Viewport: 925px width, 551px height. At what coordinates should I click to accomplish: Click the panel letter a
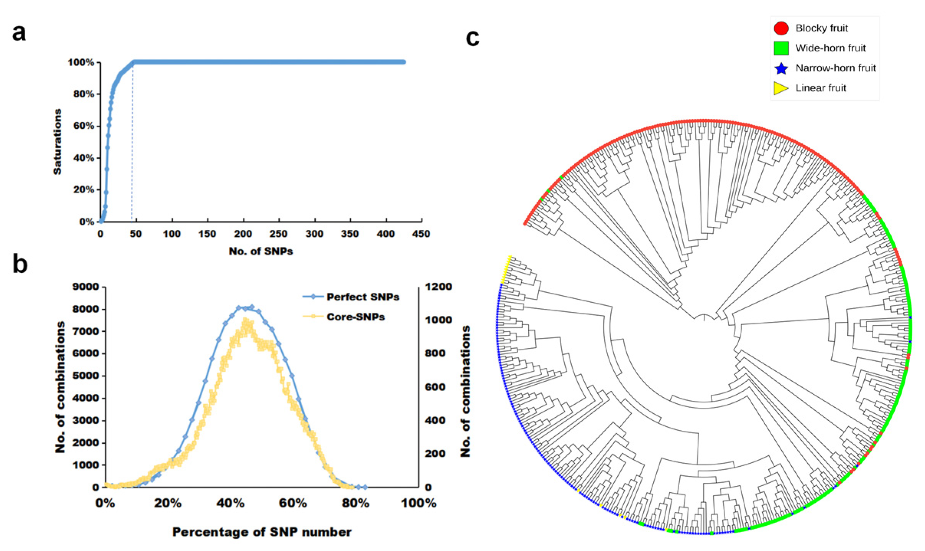point(19,33)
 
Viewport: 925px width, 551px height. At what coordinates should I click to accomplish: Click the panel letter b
point(20,264)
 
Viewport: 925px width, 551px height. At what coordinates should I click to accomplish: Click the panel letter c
point(472,38)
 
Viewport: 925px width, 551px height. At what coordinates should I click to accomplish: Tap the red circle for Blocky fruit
point(781,28)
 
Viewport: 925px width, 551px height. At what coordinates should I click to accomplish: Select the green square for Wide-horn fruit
point(781,48)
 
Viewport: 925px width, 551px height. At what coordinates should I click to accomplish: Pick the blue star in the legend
point(781,69)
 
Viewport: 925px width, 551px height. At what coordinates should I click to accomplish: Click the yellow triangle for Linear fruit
point(780,89)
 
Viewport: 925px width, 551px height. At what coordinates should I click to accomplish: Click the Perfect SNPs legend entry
point(362,297)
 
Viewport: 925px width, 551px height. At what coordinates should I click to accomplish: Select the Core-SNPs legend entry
point(355,317)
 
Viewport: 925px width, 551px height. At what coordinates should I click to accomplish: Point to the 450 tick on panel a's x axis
point(421,234)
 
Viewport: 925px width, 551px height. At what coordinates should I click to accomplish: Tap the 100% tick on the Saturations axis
point(81,62)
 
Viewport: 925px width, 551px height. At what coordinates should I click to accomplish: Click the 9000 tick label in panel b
point(85,287)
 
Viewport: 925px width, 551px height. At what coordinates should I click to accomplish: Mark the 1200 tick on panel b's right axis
point(438,287)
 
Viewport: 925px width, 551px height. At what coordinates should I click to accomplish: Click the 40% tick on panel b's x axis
point(230,503)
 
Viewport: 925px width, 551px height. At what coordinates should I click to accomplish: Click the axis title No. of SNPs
point(261,251)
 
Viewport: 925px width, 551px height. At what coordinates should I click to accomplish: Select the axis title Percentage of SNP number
point(261,532)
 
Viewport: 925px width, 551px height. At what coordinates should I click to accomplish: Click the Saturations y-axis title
point(57,142)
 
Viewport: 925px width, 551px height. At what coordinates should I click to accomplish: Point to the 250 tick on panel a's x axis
point(278,234)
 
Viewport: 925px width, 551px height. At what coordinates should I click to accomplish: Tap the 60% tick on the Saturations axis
point(84,126)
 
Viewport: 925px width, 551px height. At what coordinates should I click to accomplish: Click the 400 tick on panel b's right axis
point(435,420)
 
